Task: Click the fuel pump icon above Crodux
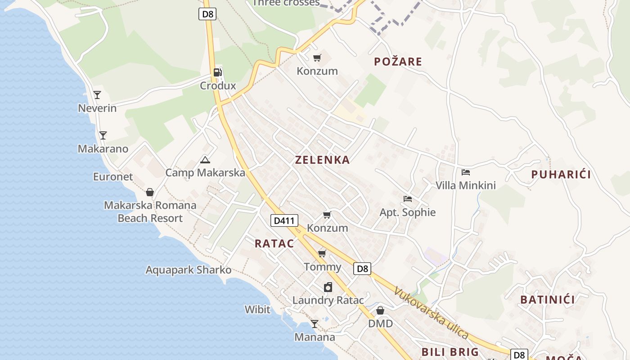218,72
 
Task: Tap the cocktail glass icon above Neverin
97,95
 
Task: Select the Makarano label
103,149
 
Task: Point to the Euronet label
113,177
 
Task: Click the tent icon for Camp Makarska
205,160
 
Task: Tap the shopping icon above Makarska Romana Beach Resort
150,193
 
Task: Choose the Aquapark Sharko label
188,270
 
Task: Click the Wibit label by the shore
257,310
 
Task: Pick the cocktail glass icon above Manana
315,324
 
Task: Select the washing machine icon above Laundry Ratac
328,287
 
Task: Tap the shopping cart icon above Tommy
322,254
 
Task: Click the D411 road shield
284,220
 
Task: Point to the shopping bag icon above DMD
380,310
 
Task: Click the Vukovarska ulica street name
431,313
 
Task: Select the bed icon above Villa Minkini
466,172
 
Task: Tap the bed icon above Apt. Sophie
408,199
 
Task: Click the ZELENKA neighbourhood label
322,160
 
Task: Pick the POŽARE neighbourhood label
398,62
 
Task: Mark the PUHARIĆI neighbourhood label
561,175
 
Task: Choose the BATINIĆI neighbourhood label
548,300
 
